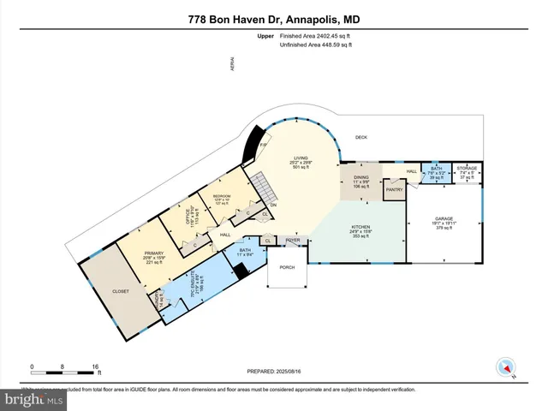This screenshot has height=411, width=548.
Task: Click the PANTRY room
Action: coord(394,190)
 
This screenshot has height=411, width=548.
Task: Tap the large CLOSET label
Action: coord(121,291)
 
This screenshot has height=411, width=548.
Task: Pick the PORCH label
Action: coord(286,267)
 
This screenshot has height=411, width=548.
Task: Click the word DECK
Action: coord(360,137)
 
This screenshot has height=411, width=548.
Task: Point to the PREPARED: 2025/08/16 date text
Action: coord(274,371)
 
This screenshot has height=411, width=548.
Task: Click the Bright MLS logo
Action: coord(34,399)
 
